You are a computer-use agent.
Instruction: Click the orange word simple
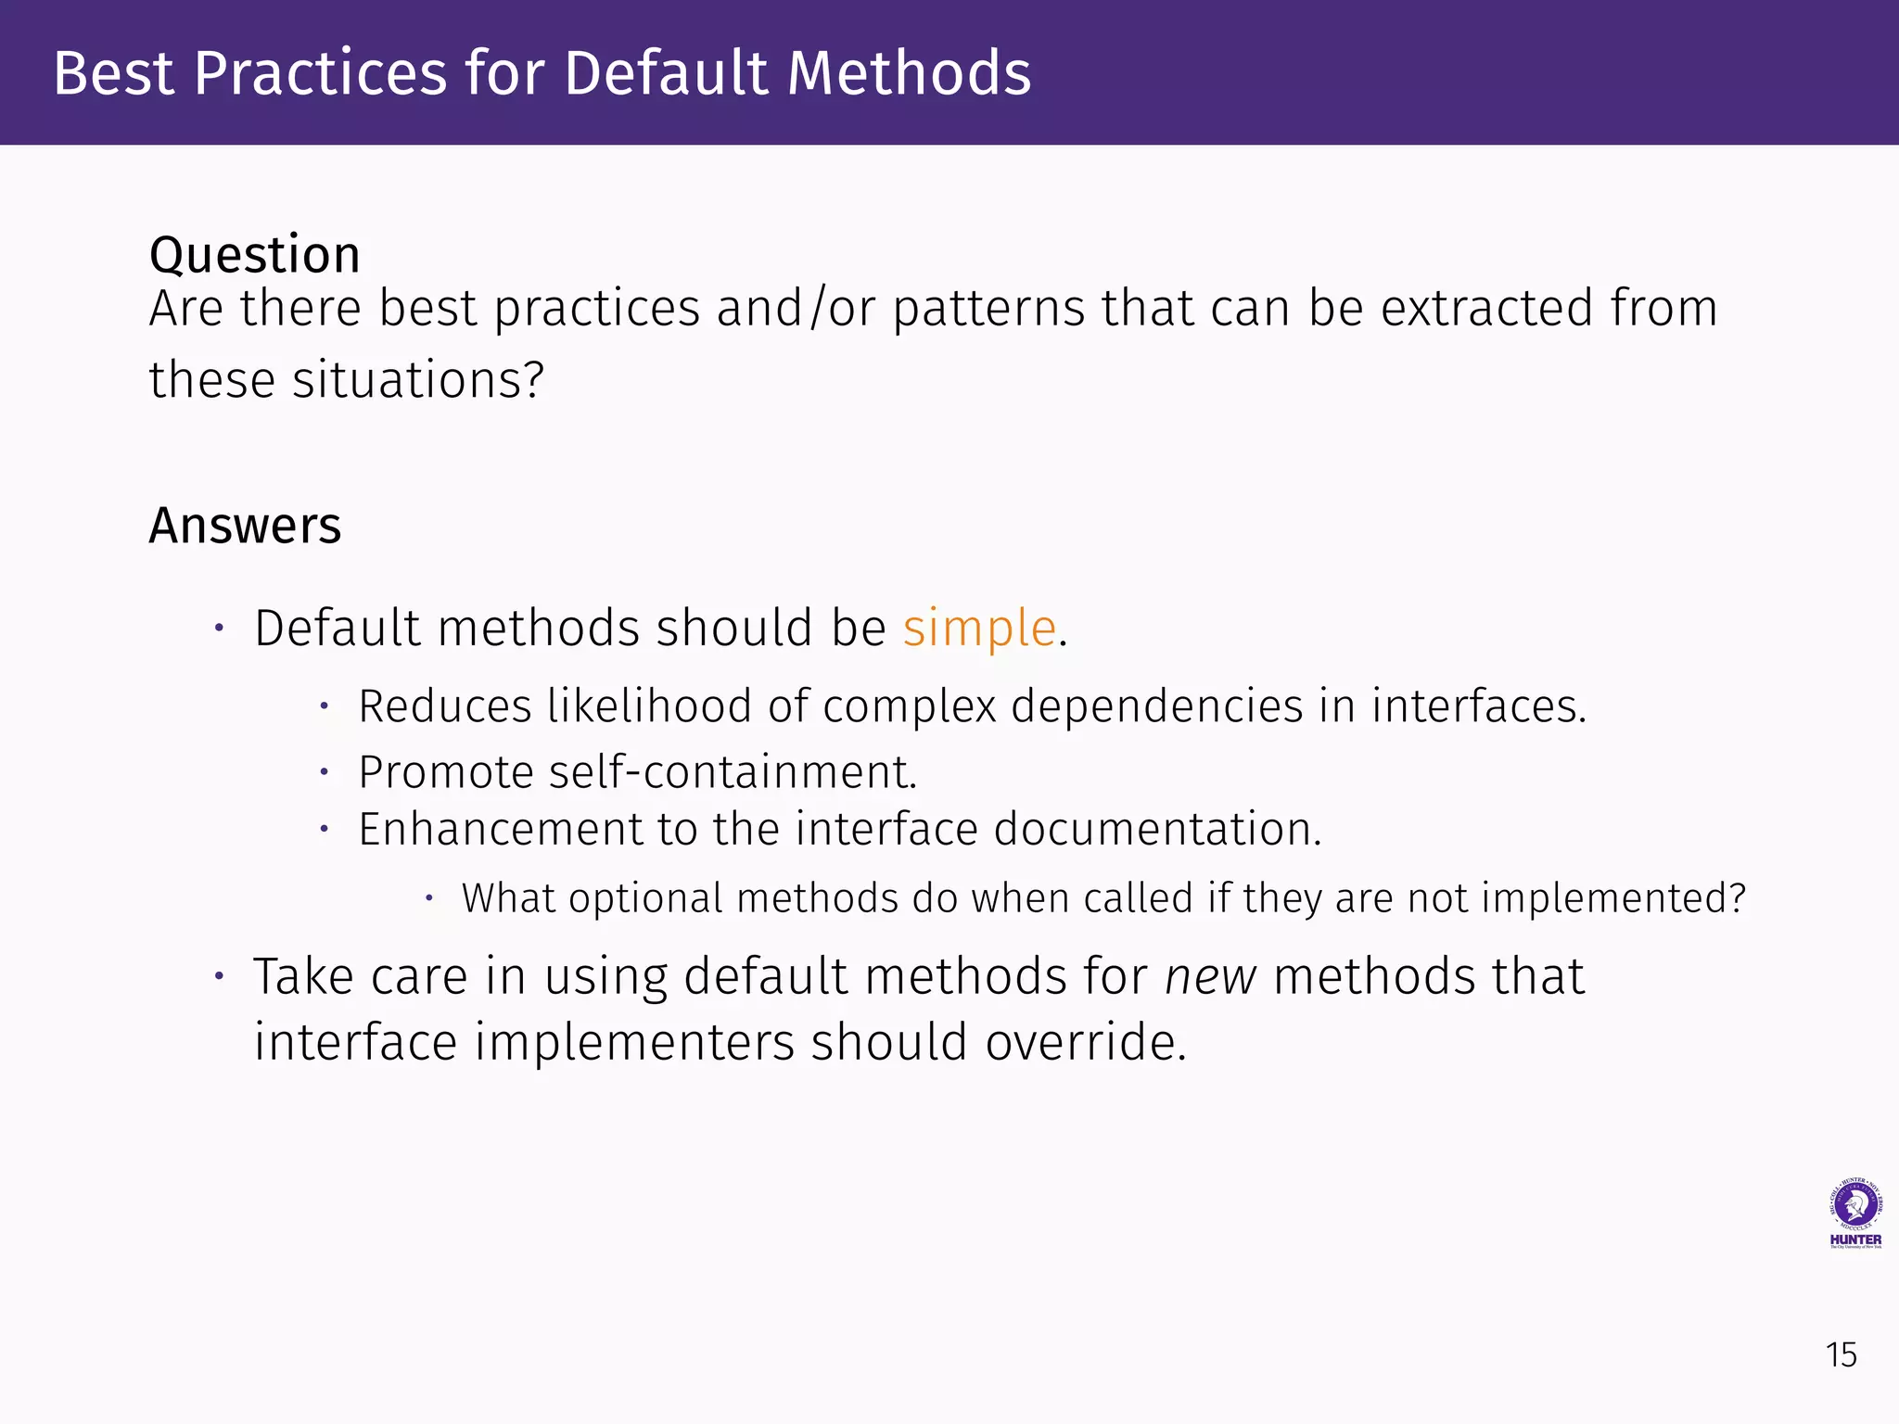pos(979,629)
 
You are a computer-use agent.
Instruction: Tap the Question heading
pos(254,255)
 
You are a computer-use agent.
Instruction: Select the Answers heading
pos(245,526)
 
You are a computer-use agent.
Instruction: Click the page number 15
pos(1841,1355)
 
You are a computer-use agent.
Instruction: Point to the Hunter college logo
pos(1854,1214)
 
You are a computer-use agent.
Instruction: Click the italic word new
pos(1210,977)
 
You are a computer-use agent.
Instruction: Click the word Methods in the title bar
pos(909,73)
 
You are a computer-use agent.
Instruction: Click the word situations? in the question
pos(418,380)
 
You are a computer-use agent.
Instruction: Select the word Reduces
pos(445,706)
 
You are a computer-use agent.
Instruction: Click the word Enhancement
pos(500,829)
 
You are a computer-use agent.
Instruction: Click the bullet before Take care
pos(219,976)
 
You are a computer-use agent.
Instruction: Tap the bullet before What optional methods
pos(429,897)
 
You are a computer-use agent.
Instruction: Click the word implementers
pos(634,1043)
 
